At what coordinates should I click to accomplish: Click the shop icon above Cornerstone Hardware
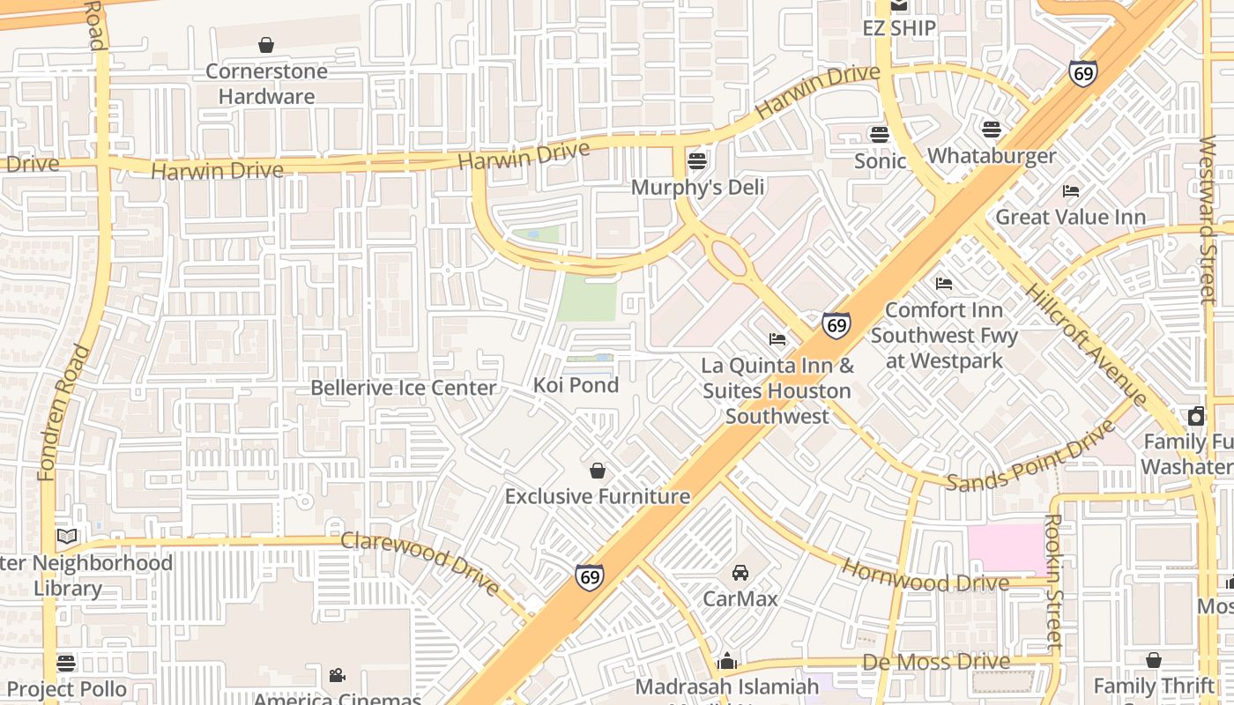tap(266, 45)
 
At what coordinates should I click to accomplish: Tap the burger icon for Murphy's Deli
tap(697, 161)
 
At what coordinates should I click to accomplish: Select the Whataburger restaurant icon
tap(991, 130)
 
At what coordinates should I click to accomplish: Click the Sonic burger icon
tap(879, 135)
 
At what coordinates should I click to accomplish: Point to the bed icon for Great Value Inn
tap(1071, 190)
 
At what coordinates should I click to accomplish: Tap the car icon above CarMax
tap(740, 573)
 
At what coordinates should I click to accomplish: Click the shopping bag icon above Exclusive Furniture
tap(598, 471)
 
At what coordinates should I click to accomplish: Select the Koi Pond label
tap(576, 385)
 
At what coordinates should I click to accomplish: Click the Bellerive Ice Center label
tap(404, 388)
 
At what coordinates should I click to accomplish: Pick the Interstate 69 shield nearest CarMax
tap(590, 576)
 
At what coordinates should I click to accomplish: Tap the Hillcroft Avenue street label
tap(1086, 344)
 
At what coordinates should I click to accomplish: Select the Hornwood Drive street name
tap(925, 577)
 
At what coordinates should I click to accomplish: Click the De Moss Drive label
tap(936, 662)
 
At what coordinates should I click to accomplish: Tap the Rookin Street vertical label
tap(1052, 582)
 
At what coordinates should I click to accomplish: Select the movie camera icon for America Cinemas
tap(337, 675)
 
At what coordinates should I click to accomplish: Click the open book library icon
tap(67, 536)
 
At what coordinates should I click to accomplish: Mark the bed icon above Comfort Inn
tap(944, 284)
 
